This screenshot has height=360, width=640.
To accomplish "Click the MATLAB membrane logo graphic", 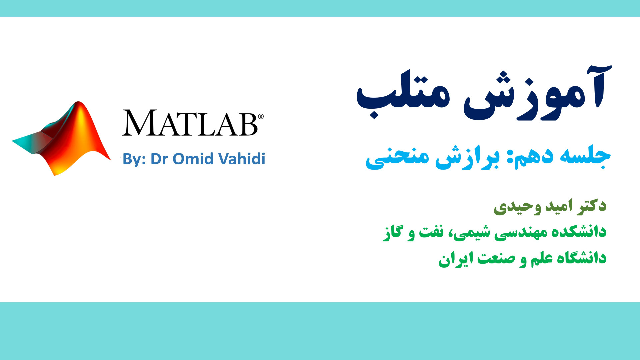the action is tap(62, 138).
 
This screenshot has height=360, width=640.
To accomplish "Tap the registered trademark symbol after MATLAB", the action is tap(261, 116).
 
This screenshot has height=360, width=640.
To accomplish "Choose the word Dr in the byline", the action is tap(159, 159).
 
